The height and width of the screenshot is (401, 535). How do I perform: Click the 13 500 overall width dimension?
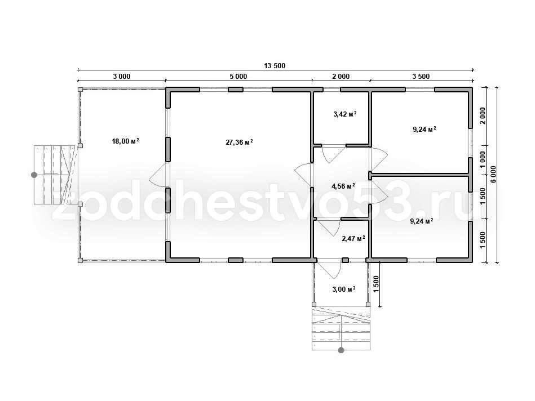[x=275, y=66]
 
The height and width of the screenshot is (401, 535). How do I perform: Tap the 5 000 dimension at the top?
[x=238, y=77]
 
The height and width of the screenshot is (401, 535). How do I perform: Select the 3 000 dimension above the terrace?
[x=122, y=77]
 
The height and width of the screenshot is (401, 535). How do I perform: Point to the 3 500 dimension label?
[x=421, y=77]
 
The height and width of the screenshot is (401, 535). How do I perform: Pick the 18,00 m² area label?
[x=126, y=141]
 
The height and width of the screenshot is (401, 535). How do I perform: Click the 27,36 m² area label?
[x=239, y=142]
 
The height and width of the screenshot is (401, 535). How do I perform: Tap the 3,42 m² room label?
[x=345, y=114]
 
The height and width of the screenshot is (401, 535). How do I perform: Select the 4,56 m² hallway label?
[x=343, y=186]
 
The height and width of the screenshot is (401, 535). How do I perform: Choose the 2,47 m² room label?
[x=353, y=238]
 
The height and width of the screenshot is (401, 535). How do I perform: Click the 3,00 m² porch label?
[x=344, y=289]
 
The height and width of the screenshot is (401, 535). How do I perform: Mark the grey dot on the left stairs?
[x=34, y=175]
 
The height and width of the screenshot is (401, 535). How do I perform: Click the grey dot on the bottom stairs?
[x=341, y=350]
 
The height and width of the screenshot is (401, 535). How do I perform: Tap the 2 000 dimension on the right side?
[x=483, y=116]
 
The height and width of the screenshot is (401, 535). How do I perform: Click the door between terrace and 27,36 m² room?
[x=158, y=174]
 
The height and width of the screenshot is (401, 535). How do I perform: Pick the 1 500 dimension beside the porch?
[x=376, y=284]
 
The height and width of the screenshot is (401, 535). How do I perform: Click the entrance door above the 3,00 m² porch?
[x=329, y=269]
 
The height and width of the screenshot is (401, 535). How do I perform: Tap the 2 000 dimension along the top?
[x=341, y=77]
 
